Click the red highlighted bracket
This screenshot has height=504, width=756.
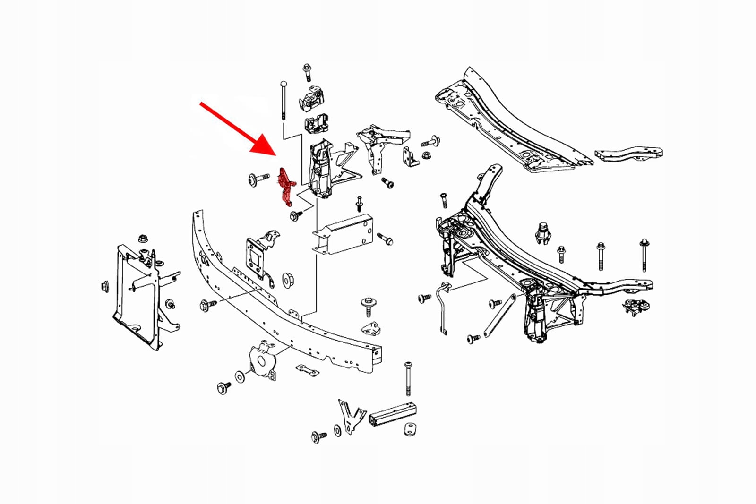[285, 187]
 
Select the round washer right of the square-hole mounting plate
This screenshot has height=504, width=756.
[287, 280]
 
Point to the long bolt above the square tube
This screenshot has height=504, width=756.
[408, 378]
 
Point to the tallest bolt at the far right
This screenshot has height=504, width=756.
[644, 256]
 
